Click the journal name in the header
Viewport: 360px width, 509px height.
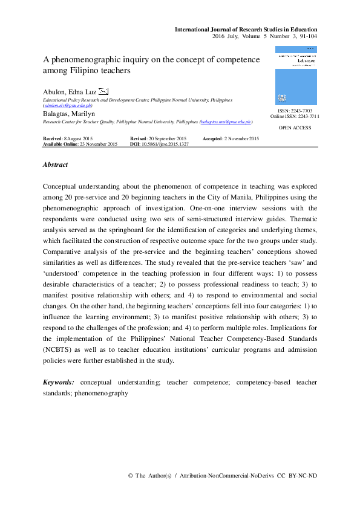pyautogui.click(x=246, y=30)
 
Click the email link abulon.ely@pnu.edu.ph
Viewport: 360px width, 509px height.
pyautogui.click(x=67, y=105)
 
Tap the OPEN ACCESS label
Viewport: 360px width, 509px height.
pyautogui.click(x=295, y=128)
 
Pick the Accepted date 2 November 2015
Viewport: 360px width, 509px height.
pyautogui.click(x=241, y=139)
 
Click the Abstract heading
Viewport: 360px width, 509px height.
pyautogui.click(x=55, y=164)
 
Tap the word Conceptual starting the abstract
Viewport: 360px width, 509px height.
pyautogui.click(x=63, y=186)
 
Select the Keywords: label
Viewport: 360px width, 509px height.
pyautogui.click(x=59, y=382)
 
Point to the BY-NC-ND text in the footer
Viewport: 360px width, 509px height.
pyautogui.click(x=303, y=476)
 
